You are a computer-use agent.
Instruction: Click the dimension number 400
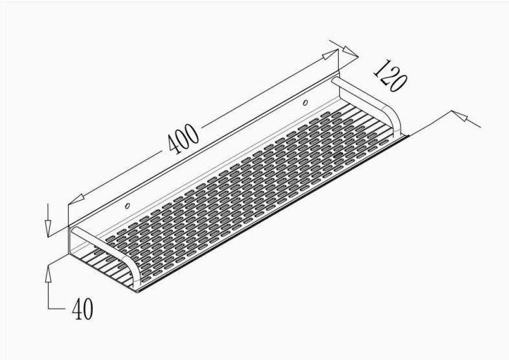(183, 139)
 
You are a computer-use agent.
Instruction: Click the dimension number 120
(389, 76)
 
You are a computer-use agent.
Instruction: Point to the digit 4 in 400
(174, 147)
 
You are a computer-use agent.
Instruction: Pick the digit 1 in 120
(378, 69)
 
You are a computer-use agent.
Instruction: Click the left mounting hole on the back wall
(128, 206)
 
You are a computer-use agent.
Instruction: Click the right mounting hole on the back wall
(305, 103)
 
